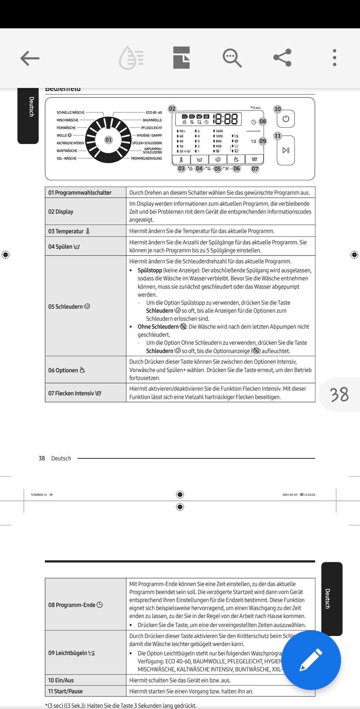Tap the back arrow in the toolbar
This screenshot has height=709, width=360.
(x=30, y=58)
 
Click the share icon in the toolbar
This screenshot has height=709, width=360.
(x=282, y=58)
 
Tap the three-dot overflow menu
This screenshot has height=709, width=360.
(x=334, y=58)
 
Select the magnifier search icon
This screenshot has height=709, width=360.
(x=232, y=58)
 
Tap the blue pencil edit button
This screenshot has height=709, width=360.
(x=311, y=660)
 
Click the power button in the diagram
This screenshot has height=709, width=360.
(x=286, y=119)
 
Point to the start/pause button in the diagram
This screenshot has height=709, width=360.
(x=286, y=150)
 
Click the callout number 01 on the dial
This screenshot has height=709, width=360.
(x=108, y=140)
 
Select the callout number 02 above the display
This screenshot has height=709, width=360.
(x=172, y=108)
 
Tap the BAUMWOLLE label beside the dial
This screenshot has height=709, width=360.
(x=152, y=120)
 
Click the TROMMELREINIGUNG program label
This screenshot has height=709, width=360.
(x=146, y=158)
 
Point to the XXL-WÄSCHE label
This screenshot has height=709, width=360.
(x=67, y=158)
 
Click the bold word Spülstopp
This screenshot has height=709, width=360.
(x=150, y=270)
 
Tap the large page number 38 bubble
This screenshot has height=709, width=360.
(x=339, y=395)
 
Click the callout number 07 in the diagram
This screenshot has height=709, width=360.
(x=255, y=169)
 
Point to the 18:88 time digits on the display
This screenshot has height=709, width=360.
(x=225, y=119)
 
